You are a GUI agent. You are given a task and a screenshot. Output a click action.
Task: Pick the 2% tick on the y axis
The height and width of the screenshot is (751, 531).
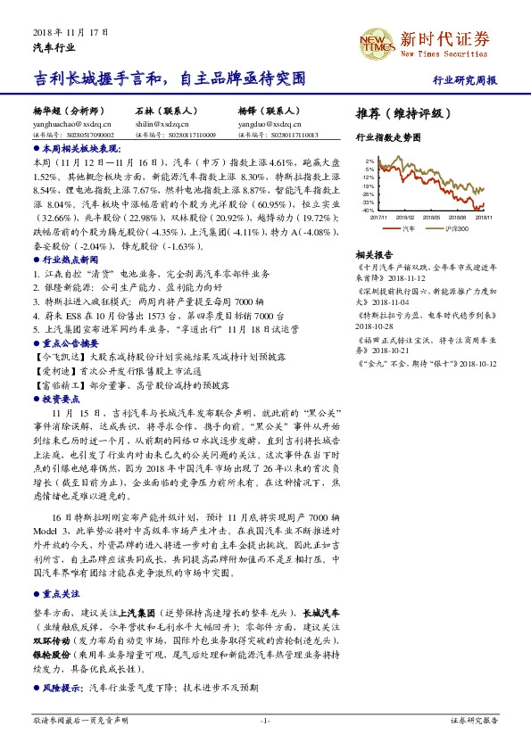click(369, 161)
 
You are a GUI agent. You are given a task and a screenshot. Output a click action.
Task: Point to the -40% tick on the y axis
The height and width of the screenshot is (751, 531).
click(367, 210)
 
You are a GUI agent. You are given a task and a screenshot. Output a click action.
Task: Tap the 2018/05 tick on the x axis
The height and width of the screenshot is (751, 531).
click(432, 216)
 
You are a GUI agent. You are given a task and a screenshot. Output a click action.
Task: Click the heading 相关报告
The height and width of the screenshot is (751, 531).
click(373, 254)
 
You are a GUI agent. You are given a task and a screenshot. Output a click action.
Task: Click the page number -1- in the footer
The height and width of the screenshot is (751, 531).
click(265, 720)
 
